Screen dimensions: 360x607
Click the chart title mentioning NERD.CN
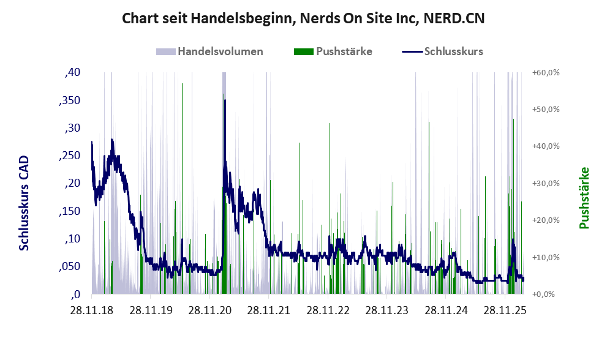pos(303,18)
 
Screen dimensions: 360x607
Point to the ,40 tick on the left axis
pos(72,72)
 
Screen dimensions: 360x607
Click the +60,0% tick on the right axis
pos(546,72)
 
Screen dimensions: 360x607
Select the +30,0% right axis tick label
pos(546,183)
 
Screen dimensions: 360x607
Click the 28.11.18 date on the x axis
pos(92,311)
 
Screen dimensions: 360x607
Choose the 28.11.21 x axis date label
pos(270,311)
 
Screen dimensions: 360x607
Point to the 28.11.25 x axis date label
pos(505,311)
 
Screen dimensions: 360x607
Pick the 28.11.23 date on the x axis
pos(387,311)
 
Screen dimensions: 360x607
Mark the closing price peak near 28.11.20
pos(225,101)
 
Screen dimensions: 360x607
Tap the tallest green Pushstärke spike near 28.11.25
pos(513,120)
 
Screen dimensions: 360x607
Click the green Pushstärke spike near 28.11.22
pos(330,124)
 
